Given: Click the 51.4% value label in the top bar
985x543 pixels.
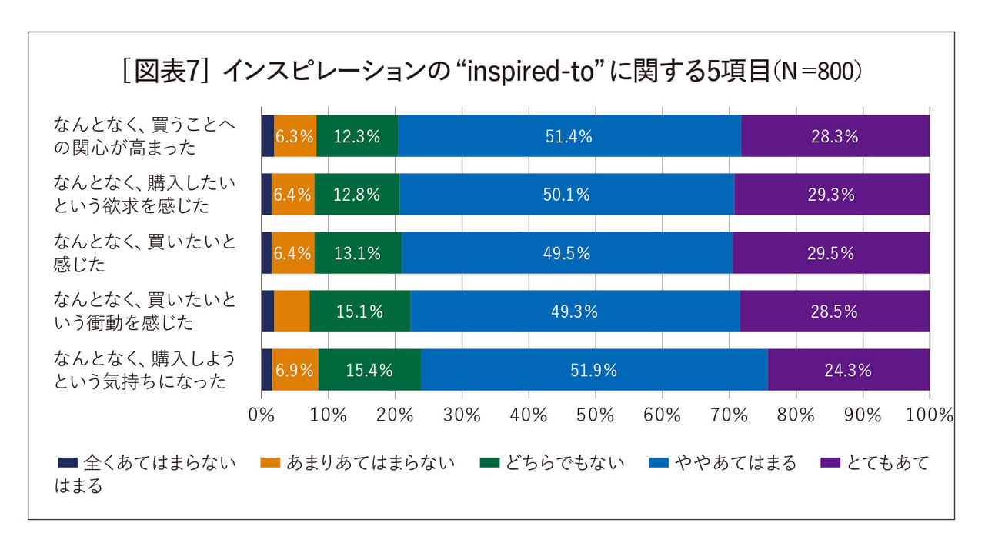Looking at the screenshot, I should pos(569,137).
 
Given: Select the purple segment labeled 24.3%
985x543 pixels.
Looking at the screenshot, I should pos(848,370).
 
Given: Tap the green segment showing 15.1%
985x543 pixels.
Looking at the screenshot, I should pos(359,311).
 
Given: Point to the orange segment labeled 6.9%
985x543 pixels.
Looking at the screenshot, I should pos(295,370).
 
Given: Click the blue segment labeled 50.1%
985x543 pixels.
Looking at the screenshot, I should pos(566,195).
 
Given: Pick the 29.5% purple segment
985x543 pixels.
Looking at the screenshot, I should pos(831,253).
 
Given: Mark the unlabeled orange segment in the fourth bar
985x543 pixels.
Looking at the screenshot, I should pos(292,311).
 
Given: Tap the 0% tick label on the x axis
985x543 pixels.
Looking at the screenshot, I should pos(262,416).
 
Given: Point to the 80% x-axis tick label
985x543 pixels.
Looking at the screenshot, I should pos(796,416).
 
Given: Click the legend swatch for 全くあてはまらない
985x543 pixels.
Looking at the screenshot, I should pos(68,463).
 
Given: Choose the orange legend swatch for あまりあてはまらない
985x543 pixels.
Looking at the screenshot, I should pos(270,463).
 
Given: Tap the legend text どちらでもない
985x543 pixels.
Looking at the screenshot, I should pos(564,463).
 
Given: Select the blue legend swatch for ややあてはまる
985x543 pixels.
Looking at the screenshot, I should pos(659,463).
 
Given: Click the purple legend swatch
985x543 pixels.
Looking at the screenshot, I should pos(830,463).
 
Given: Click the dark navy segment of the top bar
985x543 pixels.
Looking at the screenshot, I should pos(268,136).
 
